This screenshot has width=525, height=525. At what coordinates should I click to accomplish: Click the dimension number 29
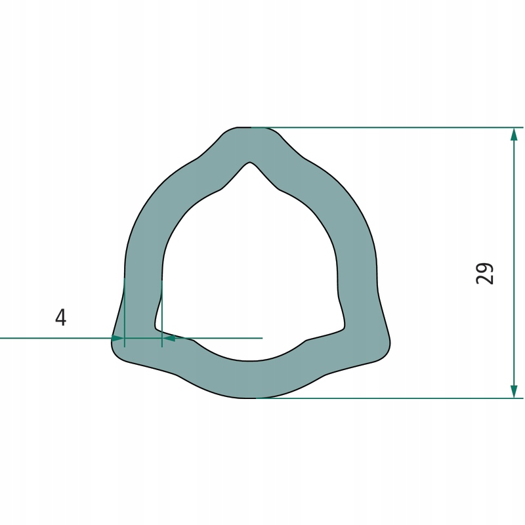click(484, 274)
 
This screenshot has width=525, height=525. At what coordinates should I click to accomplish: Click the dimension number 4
click(60, 318)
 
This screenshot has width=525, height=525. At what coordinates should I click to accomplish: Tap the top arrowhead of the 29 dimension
click(514, 135)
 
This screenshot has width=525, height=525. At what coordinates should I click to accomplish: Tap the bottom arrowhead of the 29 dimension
click(514, 391)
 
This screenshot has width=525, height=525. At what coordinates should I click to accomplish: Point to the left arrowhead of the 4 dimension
click(118, 338)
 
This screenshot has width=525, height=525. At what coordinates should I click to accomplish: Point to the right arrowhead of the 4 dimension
click(169, 338)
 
